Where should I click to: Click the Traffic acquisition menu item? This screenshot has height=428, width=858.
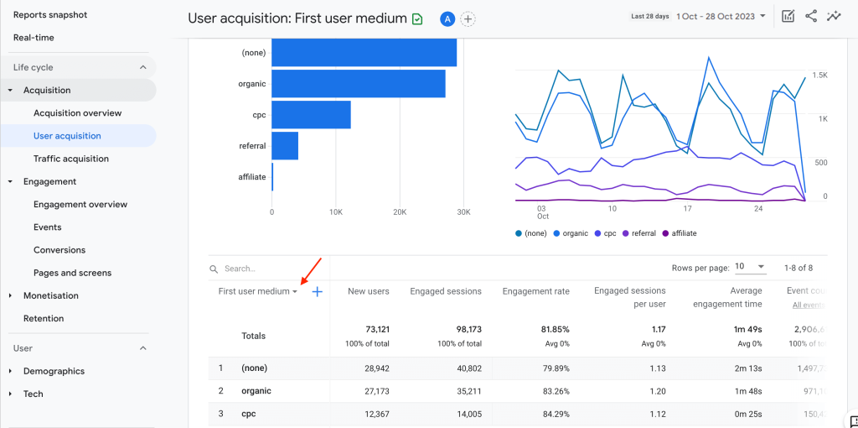click(x=70, y=159)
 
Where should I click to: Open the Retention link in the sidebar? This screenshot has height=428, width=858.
click(x=44, y=318)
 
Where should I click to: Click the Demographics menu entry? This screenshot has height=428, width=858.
click(x=54, y=371)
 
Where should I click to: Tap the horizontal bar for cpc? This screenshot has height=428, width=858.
click(x=311, y=115)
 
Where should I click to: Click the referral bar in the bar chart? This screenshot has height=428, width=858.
click(x=285, y=146)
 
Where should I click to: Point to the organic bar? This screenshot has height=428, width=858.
click(x=358, y=84)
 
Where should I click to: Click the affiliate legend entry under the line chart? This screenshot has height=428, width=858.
click(x=679, y=233)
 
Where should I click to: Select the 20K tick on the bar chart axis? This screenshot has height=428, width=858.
click(x=400, y=212)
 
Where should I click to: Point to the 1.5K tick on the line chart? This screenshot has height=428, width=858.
click(x=819, y=76)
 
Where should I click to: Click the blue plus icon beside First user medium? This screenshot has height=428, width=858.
click(x=318, y=292)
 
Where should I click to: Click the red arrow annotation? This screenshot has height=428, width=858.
click(x=312, y=270)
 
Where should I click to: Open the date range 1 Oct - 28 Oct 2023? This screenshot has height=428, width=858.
click(x=721, y=16)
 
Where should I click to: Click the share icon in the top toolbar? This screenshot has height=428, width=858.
click(x=810, y=16)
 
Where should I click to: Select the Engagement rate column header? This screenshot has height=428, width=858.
click(x=535, y=291)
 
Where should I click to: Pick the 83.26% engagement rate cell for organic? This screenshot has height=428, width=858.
click(x=551, y=391)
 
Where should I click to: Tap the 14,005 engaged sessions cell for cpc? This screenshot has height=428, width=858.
click(x=464, y=414)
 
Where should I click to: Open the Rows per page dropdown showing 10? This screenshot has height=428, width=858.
click(x=749, y=267)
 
